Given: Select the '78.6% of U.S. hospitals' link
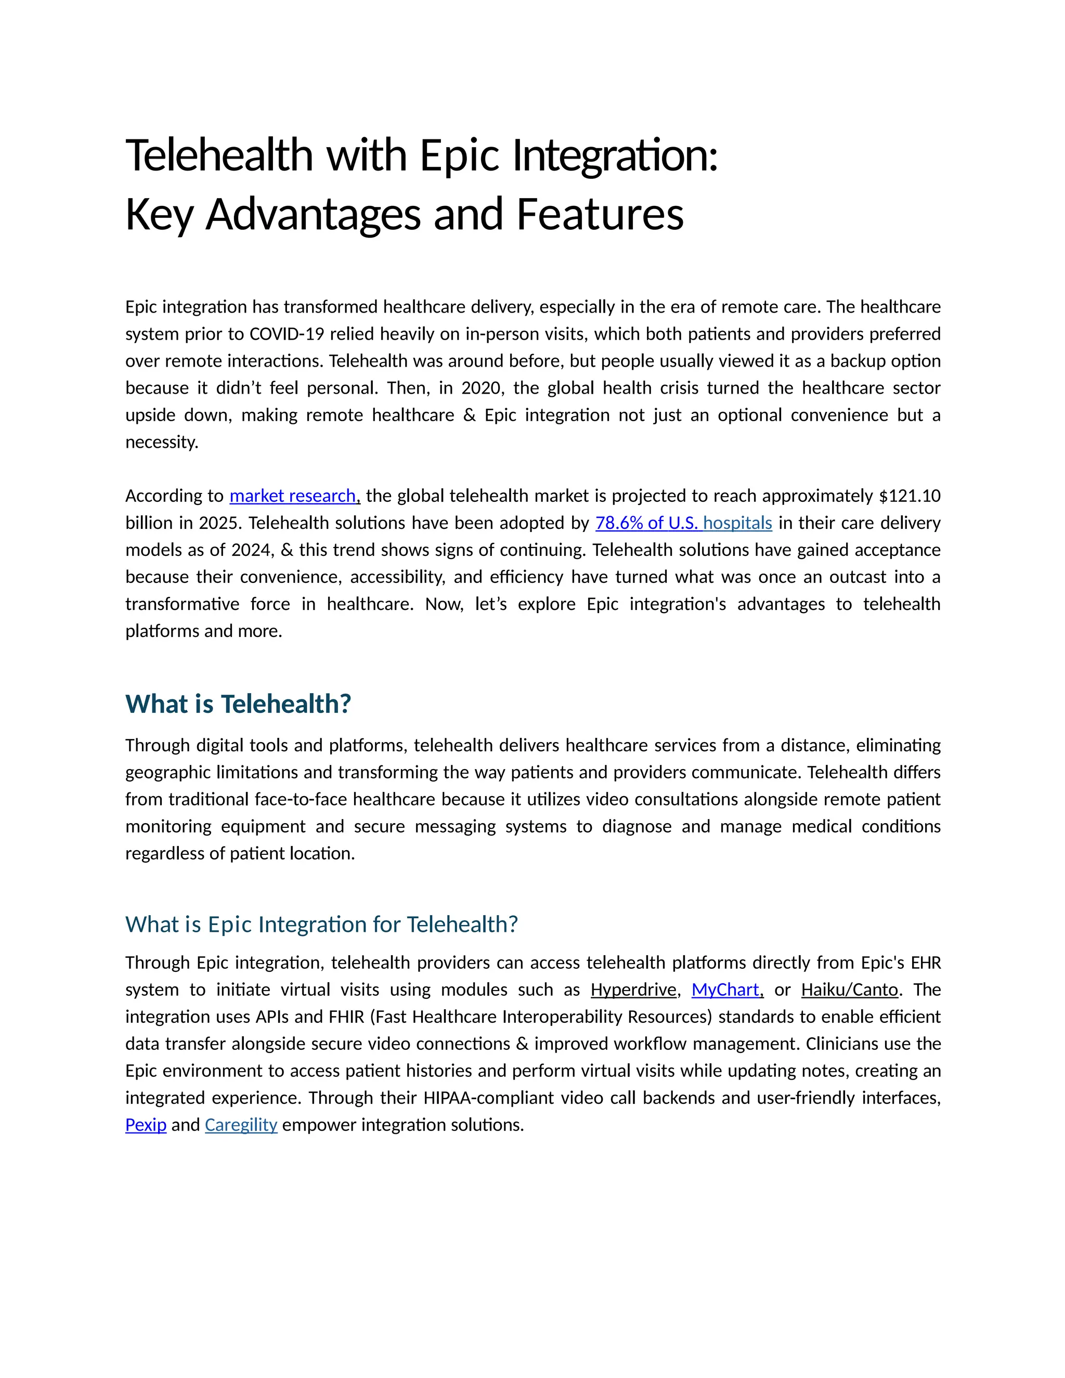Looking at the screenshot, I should pos(683,523).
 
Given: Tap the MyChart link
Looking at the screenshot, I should pos(725,990).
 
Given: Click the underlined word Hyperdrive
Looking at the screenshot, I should pos(633,990).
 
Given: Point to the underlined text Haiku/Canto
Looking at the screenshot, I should pos(849,990).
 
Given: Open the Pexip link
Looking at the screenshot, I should pos(146,1125).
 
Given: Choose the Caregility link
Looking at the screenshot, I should pos(241,1125).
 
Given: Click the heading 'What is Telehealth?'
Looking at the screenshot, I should pos(238,704).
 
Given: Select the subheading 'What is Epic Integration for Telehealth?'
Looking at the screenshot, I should pos(321,925).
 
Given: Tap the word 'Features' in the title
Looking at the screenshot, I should pos(600,215).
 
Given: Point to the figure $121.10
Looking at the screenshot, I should pos(909,496).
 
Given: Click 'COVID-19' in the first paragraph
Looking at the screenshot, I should pos(287,334).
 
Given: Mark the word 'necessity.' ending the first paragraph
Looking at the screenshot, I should pos(162,443).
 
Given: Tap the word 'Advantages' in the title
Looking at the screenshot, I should pos(313,215).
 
